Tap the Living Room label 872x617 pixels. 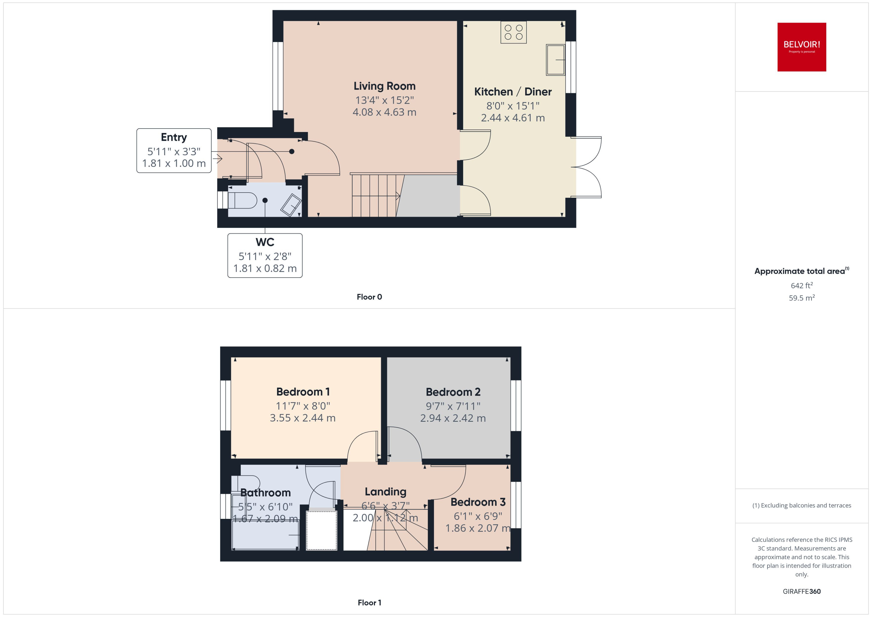(x=384, y=86)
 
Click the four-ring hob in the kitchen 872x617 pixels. (x=513, y=32)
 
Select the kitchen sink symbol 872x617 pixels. (x=555, y=60)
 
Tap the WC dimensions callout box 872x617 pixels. (x=265, y=256)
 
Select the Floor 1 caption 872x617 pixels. (x=369, y=603)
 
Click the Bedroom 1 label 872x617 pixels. (x=303, y=392)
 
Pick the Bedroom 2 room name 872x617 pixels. (x=453, y=392)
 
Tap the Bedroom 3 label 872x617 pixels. (x=478, y=502)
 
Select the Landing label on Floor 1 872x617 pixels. (x=385, y=492)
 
